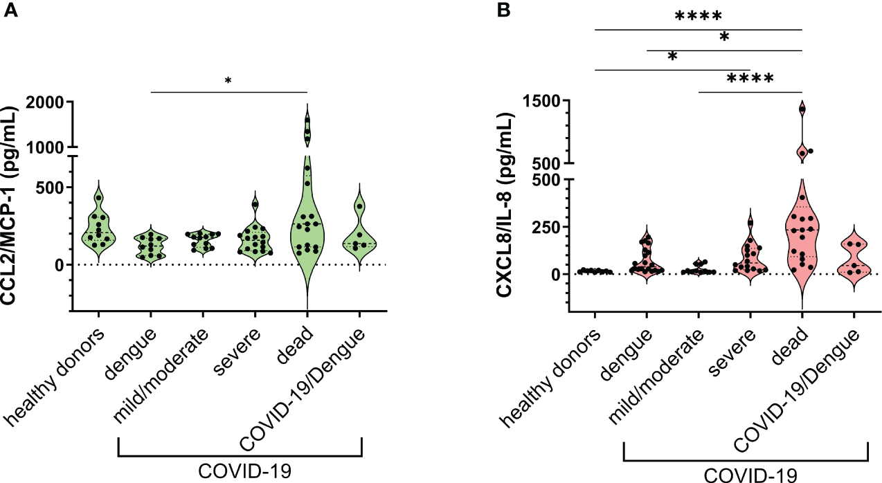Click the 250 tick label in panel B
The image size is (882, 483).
click(x=547, y=227)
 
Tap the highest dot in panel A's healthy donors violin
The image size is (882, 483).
click(x=99, y=198)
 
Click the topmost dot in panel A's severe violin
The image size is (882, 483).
click(x=255, y=204)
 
